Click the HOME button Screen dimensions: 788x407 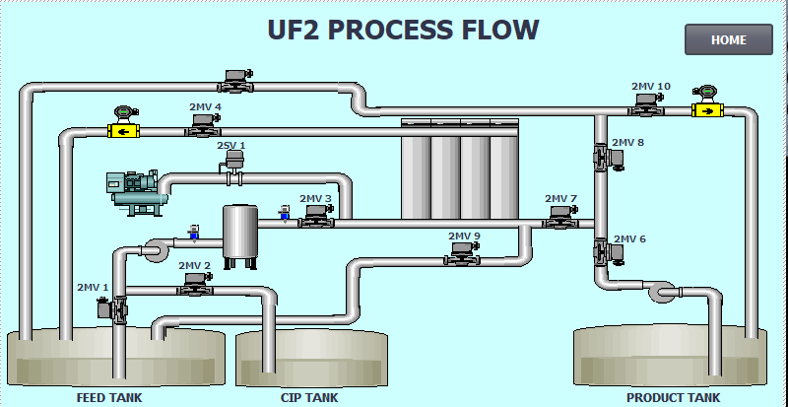click(x=729, y=39)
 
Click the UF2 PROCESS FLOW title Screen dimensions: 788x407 click(x=403, y=30)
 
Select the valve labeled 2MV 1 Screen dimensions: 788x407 click(x=112, y=309)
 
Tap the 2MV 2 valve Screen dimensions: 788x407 click(x=195, y=284)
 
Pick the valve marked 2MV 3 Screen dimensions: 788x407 click(x=316, y=217)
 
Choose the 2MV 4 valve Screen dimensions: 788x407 click(x=203, y=125)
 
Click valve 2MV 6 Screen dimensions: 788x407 click(x=609, y=251)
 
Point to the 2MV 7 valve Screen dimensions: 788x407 click(x=560, y=218)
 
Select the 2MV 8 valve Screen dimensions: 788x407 click(x=609, y=157)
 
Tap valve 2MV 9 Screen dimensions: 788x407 click(x=462, y=253)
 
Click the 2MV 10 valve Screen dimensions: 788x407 click(x=646, y=104)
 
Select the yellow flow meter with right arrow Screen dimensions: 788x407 click(x=707, y=102)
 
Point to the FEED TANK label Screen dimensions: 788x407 click(x=109, y=397)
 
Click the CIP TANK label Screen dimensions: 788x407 click(x=309, y=397)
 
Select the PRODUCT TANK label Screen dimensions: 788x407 click(x=673, y=397)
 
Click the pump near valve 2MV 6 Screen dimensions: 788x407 click(x=662, y=292)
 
